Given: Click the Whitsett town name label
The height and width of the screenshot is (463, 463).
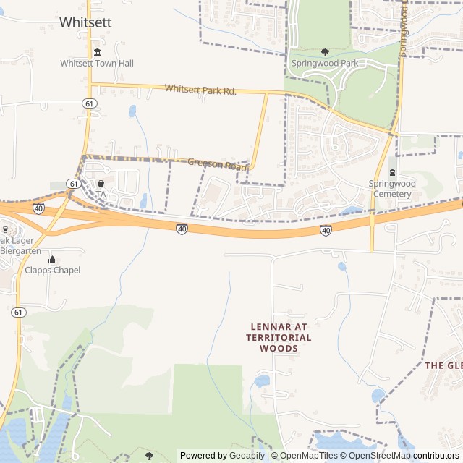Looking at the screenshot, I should (85, 22).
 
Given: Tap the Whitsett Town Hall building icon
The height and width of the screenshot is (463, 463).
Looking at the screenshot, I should (97, 52).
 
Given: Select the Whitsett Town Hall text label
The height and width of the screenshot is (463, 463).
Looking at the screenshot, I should (97, 64).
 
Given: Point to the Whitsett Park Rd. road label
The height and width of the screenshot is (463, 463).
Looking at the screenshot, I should (200, 90).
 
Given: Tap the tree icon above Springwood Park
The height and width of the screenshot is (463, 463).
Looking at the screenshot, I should (325, 52).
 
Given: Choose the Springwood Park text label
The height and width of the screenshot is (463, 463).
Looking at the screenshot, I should (325, 64).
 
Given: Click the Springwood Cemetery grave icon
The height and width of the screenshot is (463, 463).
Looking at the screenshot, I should (392, 172).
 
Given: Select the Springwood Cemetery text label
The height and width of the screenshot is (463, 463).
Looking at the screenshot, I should (392, 189).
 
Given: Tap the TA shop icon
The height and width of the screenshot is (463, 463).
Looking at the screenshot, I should (101, 184).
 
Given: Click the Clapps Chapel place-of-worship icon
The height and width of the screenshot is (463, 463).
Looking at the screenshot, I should (52, 259).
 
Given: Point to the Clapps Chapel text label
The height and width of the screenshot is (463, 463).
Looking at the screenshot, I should (52, 271).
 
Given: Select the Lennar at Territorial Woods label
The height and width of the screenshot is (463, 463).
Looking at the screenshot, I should (279, 337).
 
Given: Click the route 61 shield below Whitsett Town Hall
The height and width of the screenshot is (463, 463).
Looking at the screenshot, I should (88, 103).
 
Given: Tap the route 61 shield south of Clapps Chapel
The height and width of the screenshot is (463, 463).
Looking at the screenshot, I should (19, 312).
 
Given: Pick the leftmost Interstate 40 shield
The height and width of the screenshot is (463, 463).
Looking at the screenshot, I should (38, 208).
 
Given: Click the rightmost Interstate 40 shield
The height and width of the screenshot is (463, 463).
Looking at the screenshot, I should (326, 230).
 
